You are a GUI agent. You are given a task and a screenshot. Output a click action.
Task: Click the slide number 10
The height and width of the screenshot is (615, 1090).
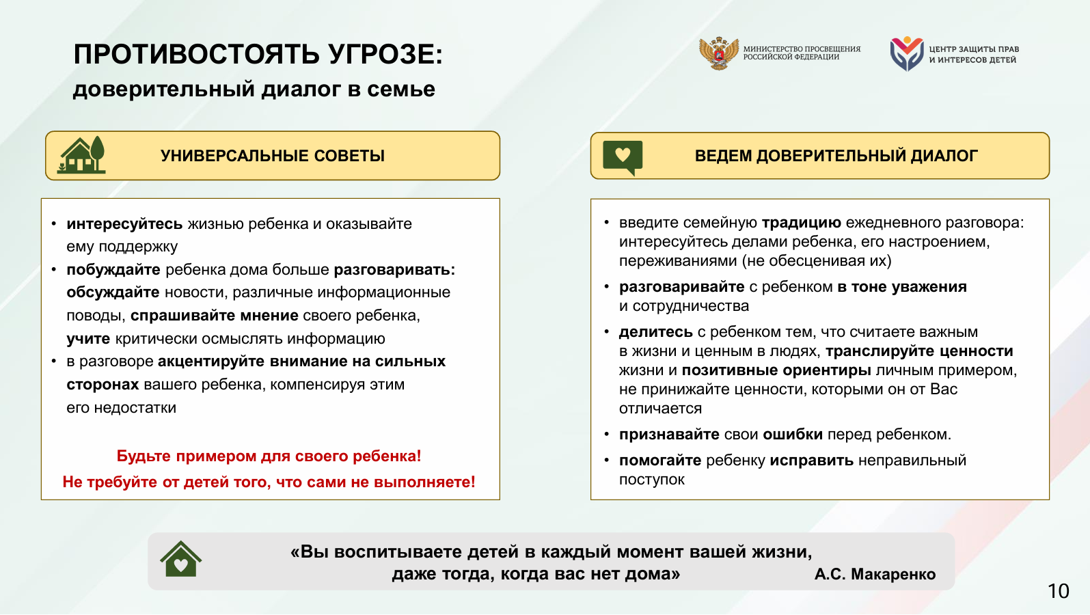[x=1059, y=591]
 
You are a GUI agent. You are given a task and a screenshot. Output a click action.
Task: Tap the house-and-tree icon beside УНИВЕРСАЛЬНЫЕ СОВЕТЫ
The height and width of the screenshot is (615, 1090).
[x=81, y=154]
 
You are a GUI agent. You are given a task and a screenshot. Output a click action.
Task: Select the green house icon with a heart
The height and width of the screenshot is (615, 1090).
[x=180, y=559]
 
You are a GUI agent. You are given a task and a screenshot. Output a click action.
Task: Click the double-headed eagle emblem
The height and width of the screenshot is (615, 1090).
[x=718, y=53]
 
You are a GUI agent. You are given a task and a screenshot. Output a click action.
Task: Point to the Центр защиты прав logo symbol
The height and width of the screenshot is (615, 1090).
[x=907, y=53]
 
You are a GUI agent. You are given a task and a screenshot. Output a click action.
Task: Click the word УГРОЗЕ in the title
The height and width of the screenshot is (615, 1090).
[x=385, y=54]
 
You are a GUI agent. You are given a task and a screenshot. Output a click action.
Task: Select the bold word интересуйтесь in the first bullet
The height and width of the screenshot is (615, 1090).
[x=124, y=224]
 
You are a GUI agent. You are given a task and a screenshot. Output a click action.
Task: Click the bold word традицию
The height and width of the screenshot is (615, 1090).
[x=801, y=223]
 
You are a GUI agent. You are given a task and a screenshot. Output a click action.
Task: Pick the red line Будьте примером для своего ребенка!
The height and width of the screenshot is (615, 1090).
[x=269, y=456]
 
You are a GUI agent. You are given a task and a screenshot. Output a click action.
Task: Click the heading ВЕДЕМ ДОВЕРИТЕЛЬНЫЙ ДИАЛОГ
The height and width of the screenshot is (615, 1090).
[x=836, y=156]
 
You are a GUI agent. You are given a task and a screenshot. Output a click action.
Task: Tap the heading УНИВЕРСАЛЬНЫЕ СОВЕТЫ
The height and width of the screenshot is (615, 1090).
[x=273, y=156]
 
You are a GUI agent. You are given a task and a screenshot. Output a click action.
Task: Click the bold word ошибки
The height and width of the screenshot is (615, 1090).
[x=793, y=435]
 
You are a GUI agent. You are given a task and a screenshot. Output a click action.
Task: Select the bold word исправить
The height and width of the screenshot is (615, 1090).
[x=812, y=461]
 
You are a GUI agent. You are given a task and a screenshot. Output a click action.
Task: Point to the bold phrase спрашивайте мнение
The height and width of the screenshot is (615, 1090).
[x=214, y=316]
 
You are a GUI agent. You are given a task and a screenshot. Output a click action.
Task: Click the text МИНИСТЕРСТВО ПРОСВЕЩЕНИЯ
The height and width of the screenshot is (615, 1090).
[x=802, y=49]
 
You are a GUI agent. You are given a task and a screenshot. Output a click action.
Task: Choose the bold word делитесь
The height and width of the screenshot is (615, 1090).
[x=655, y=332]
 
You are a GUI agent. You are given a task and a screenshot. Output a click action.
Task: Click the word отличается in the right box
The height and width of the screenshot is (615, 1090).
[x=660, y=409]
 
